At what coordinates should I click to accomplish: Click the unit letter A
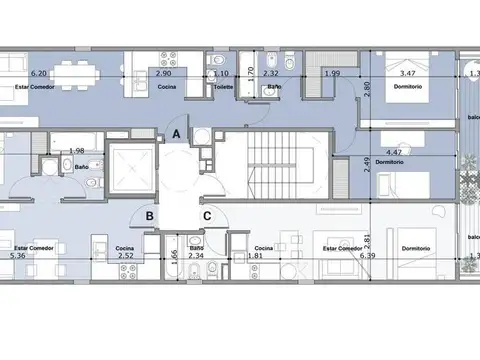pos(176,133)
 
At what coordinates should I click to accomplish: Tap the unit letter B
pos(148,213)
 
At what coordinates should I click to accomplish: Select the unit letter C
pos(206,213)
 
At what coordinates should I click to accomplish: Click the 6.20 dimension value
pos(39,74)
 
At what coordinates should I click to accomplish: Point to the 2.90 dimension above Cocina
pos(164,74)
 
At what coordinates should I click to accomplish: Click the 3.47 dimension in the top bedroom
pos(405,74)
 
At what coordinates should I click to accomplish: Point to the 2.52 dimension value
pos(125,256)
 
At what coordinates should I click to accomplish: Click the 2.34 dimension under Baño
pos(197,256)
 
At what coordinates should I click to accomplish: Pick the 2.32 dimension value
pos(271,74)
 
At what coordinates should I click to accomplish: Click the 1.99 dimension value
pos(332,74)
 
